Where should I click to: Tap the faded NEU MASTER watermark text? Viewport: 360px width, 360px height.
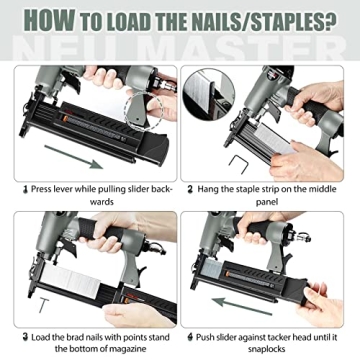pos(180,48)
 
